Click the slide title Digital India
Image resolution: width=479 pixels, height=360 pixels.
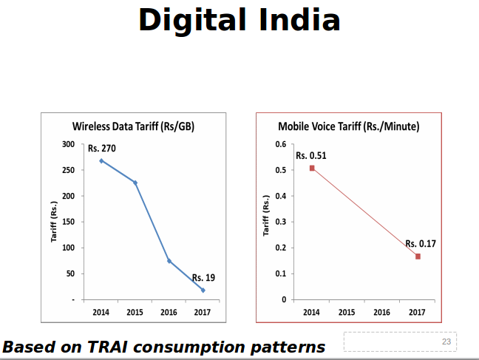coord(239,20)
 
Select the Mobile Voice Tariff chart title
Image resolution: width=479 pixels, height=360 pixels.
coord(348,126)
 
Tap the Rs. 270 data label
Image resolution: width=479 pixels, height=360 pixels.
coord(102,149)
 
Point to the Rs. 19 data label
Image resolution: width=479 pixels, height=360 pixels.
coord(203,278)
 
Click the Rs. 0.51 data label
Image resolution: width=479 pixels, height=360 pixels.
coord(311,156)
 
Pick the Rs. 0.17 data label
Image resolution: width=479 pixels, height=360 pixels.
coord(421,244)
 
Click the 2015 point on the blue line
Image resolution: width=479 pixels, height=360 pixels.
coord(135,183)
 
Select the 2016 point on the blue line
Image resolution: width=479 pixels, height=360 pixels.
coord(169,261)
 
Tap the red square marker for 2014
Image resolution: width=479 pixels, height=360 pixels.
coord(312,169)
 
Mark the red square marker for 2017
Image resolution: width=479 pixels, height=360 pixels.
coord(418,257)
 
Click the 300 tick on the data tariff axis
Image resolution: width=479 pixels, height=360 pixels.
coord(68,144)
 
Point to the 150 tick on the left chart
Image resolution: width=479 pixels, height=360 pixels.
coord(68,222)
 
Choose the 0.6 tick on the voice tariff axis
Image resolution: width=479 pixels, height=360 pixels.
coord(281,144)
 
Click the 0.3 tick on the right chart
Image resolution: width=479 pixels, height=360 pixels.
coord(281,222)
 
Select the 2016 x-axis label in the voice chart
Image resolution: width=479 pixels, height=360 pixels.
coord(382,313)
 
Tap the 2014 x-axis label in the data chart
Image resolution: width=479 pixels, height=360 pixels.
coord(101,313)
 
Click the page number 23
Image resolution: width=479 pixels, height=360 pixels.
coord(446,342)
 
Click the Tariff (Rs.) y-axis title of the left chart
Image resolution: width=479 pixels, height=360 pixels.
coord(54,222)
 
